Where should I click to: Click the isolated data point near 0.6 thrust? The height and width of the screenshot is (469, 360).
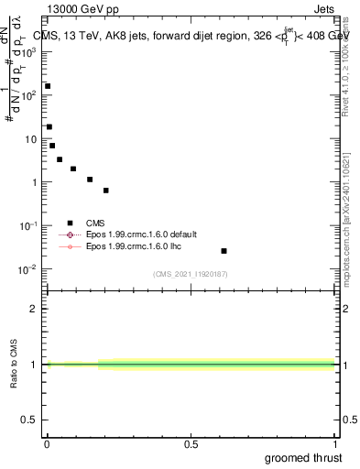tap(224, 251)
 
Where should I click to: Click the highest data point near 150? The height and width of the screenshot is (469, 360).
tap(48, 86)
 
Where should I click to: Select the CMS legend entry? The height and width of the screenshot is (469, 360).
tap(94, 222)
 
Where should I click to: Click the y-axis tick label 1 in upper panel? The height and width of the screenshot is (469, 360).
tap(35, 182)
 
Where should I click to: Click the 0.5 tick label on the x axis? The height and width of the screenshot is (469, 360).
tap(191, 445)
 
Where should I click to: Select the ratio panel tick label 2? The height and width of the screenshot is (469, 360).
tap(35, 309)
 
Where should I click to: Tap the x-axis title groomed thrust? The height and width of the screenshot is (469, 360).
tap(304, 457)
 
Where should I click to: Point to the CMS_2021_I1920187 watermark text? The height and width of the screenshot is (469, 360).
tap(190, 274)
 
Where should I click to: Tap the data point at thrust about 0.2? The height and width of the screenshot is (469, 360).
tap(106, 191)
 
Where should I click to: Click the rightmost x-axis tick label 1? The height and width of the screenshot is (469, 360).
tap(334, 445)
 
